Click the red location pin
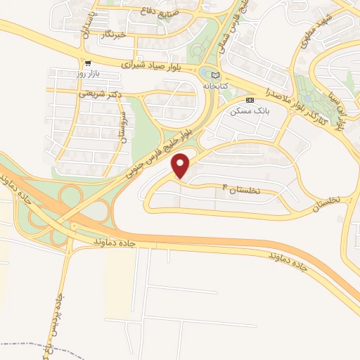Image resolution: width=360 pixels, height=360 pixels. (x=181, y=165)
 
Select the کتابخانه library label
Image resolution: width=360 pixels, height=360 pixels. (x=217, y=85)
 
